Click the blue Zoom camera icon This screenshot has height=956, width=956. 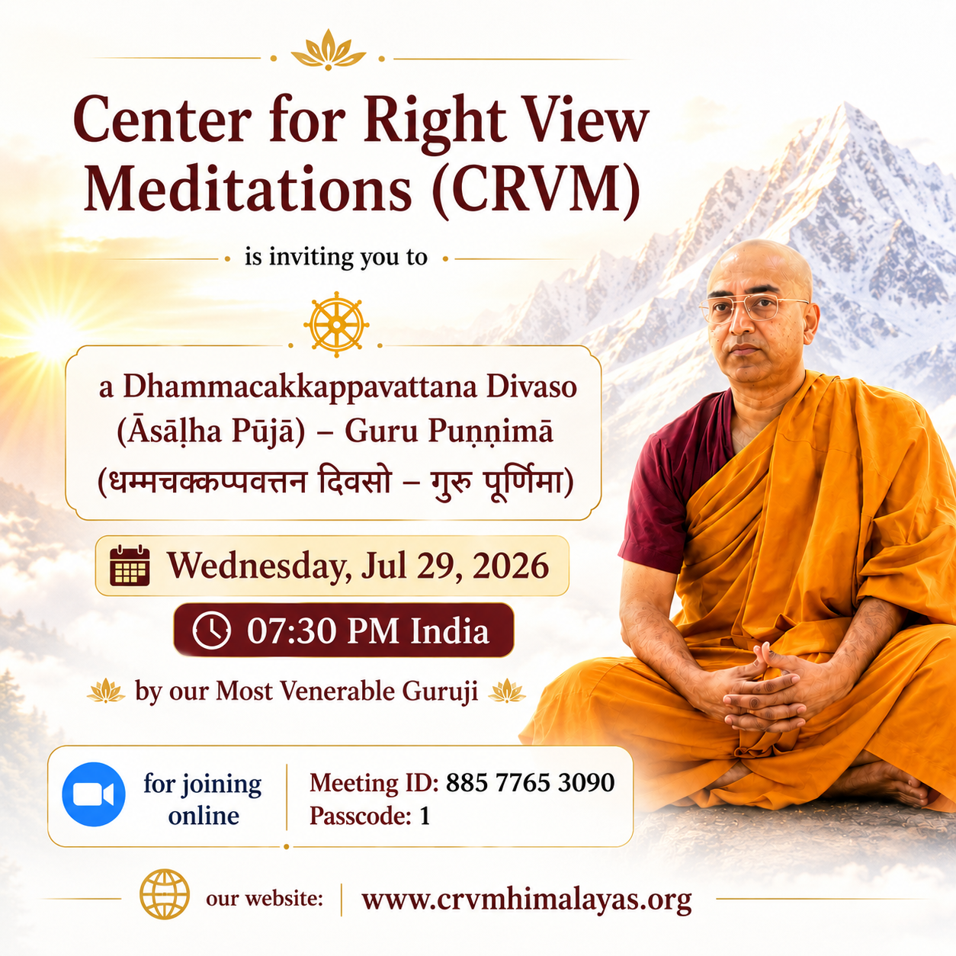click(93, 794)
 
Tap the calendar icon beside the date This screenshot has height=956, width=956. click(130, 566)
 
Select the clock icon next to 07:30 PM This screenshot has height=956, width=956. click(211, 630)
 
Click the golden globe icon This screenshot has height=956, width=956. click(165, 894)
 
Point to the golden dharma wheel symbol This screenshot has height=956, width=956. click(336, 325)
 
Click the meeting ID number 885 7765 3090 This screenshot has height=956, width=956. click(530, 782)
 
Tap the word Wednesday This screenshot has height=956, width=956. click(255, 566)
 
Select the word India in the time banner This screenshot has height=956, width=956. click(450, 630)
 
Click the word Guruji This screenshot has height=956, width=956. click(440, 692)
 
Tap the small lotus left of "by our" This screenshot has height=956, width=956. click(106, 691)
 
